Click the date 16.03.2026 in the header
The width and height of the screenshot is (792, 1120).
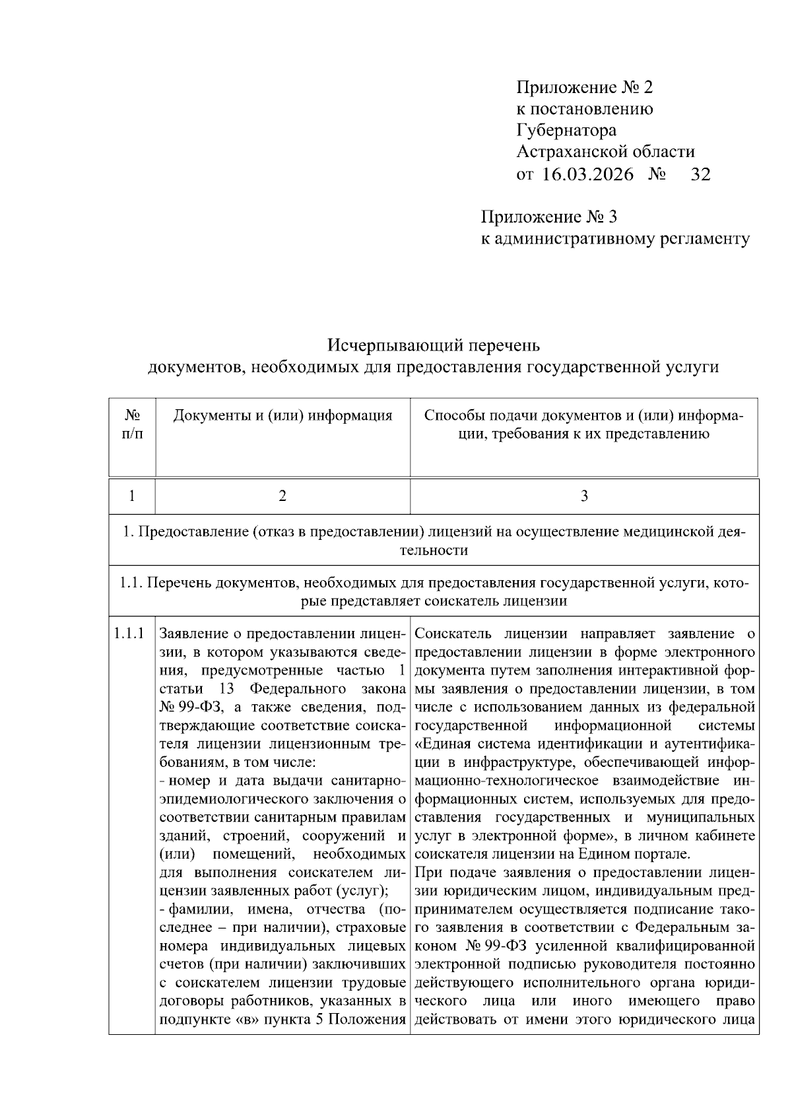tap(588, 174)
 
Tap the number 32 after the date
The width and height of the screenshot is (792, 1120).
tap(700, 174)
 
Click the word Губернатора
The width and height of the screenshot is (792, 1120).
tap(566, 131)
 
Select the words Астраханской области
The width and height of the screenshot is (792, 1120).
tap(605, 152)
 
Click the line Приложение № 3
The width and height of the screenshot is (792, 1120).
tap(548, 217)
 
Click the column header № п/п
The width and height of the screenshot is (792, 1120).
tap(132, 424)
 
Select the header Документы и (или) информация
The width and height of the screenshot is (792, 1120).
tap(282, 416)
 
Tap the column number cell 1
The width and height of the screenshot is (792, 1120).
tap(132, 496)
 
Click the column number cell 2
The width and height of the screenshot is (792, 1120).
tap(282, 496)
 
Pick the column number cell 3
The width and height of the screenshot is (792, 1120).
tap(583, 496)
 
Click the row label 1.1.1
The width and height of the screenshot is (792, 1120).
tap(129, 634)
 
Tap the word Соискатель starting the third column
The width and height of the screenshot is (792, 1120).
tap(454, 634)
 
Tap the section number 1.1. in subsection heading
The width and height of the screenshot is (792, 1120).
tap(131, 583)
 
